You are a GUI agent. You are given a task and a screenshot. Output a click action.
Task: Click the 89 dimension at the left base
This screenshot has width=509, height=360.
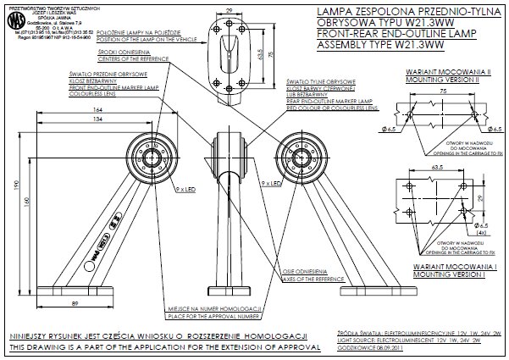point(76,302)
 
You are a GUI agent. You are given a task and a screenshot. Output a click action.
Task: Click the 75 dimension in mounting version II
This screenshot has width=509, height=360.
point(442,89)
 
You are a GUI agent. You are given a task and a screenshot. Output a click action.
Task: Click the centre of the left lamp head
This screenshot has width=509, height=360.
point(155,158)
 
